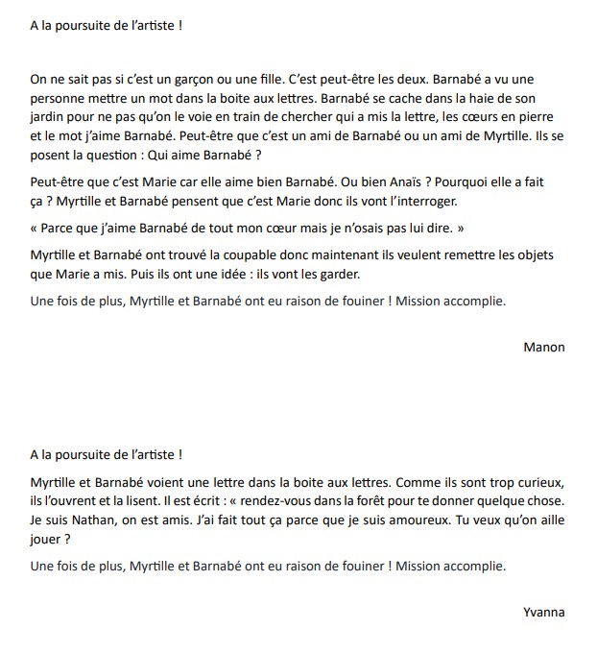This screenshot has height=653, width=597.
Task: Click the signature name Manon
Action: (544, 347)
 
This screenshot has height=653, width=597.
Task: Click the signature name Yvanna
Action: (544, 612)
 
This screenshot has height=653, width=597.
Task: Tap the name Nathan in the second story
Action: (88, 522)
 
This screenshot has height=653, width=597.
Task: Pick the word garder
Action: (337, 273)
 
